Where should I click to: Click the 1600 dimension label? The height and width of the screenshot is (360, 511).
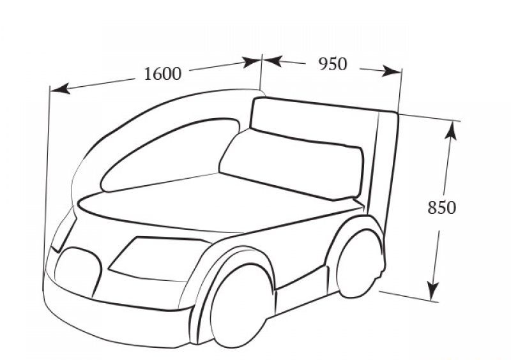tap(162, 74)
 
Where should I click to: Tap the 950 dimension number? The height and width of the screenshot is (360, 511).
tap(332, 64)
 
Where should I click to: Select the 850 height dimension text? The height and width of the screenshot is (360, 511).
tap(441, 207)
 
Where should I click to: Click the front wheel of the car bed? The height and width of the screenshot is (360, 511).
tap(243, 306)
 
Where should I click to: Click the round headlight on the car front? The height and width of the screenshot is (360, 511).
tap(78, 273)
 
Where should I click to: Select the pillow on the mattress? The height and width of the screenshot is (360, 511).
tap(292, 163)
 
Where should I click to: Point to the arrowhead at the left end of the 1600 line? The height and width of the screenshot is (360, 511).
tap(59, 89)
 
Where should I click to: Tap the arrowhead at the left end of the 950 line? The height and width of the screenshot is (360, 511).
tap(272, 61)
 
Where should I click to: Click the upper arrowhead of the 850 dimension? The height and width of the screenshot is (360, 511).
tap(451, 130)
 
